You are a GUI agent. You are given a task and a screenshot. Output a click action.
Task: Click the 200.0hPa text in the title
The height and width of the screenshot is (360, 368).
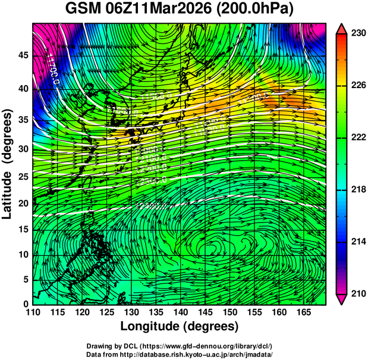[x=259, y=10]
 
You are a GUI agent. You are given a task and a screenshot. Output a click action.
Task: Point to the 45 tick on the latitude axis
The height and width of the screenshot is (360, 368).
[x=24, y=56]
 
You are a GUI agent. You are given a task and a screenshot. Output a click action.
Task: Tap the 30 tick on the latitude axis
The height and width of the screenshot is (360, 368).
[x=24, y=149]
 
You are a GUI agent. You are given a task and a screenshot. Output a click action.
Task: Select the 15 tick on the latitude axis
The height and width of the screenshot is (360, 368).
[x=24, y=229]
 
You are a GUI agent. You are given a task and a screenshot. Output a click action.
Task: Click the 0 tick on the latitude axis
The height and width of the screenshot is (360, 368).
[x=26, y=303]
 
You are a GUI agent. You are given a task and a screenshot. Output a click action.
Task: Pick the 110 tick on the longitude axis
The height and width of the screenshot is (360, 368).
[x=33, y=312]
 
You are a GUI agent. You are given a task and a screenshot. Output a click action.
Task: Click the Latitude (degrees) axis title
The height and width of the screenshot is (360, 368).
[x=8, y=164]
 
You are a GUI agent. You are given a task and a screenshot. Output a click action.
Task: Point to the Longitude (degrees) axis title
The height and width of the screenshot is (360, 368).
[x=180, y=326]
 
